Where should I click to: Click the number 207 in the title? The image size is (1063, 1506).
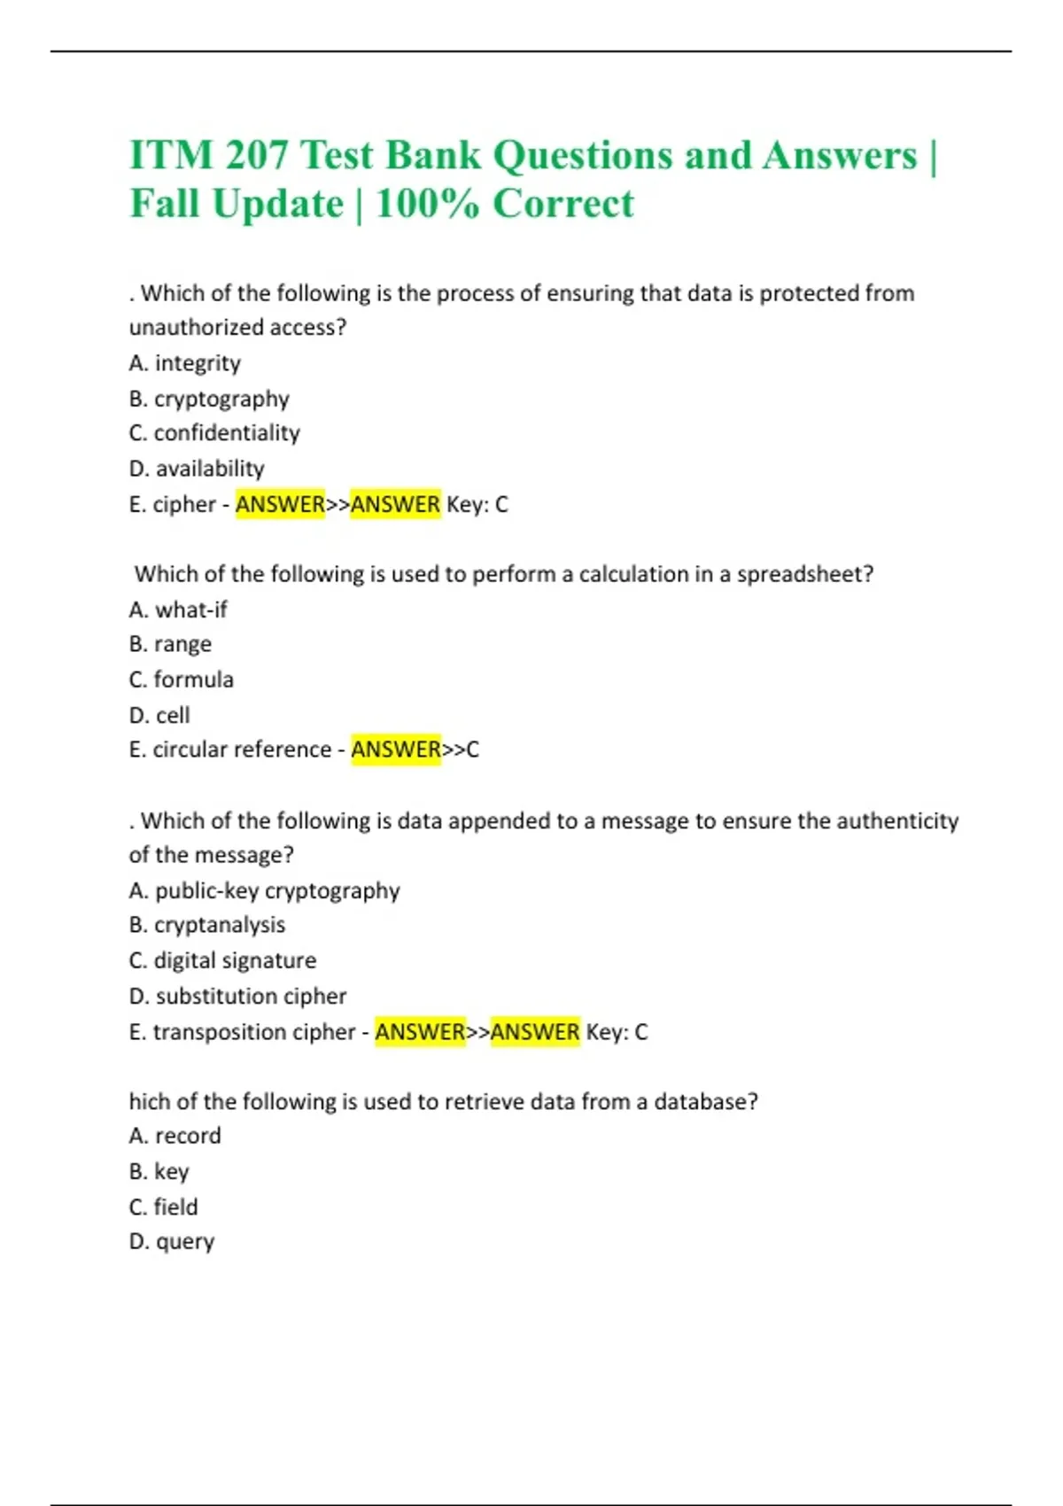(256, 156)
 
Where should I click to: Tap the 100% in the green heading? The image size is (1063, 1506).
(428, 204)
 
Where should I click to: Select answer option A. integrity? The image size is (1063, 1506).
(184, 363)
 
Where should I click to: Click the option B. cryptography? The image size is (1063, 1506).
(209, 399)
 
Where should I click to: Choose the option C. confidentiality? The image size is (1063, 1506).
(214, 433)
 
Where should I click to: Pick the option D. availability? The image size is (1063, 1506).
(197, 469)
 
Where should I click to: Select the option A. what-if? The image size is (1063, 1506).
(178, 609)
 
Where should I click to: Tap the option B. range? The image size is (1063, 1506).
(170, 644)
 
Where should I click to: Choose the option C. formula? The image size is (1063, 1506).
(182, 679)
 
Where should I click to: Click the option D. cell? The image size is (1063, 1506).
(159, 715)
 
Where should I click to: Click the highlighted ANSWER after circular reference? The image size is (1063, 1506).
(396, 749)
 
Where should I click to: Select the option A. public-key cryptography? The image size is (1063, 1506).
(264, 890)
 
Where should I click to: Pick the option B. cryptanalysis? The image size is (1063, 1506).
(207, 925)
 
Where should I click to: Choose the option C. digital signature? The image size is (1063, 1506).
(222, 960)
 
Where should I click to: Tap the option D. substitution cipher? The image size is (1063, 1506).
(237, 996)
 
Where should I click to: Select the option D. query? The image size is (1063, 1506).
(172, 1242)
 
